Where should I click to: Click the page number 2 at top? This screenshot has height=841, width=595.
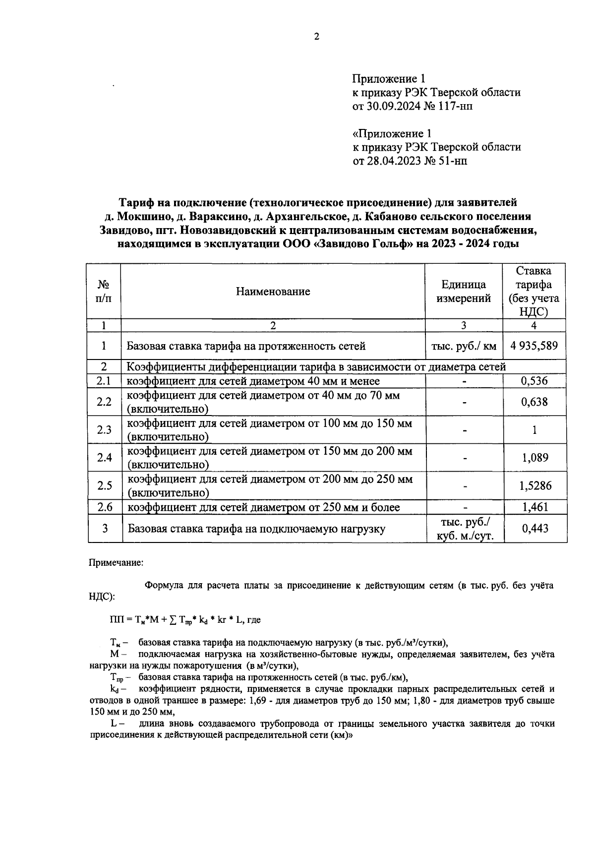316,37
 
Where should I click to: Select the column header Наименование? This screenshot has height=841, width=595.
273,292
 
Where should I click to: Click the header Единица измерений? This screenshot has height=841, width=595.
464,292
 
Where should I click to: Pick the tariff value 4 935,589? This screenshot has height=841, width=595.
534,346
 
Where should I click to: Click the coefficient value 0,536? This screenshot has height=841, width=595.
534,381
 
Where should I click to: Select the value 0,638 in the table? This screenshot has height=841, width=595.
534,402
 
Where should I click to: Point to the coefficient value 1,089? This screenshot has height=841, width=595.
534,458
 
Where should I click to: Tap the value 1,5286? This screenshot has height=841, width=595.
535,486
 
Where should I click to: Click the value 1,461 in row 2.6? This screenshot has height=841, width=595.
534,507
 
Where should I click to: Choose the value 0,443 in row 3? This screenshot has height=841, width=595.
535,529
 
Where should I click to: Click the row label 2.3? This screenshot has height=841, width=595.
104,430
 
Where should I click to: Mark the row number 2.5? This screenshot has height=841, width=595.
104,486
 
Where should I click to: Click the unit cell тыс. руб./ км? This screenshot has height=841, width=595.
464,346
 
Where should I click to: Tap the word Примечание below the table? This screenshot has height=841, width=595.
116,563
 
